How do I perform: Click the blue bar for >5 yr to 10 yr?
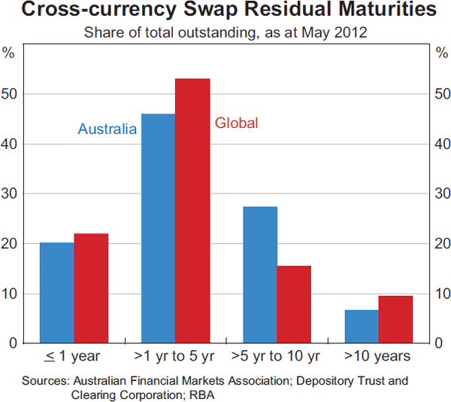click(x=260, y=274)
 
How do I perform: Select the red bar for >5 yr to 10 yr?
click(x=295, y=304)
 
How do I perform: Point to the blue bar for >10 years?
click(x=362, y=326)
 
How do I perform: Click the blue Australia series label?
click(x=107, y=129)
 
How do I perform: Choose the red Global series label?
click(x=236, y=123)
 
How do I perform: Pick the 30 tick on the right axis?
click(x=440, y=193)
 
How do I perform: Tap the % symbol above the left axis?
click(x=9, y=53)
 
